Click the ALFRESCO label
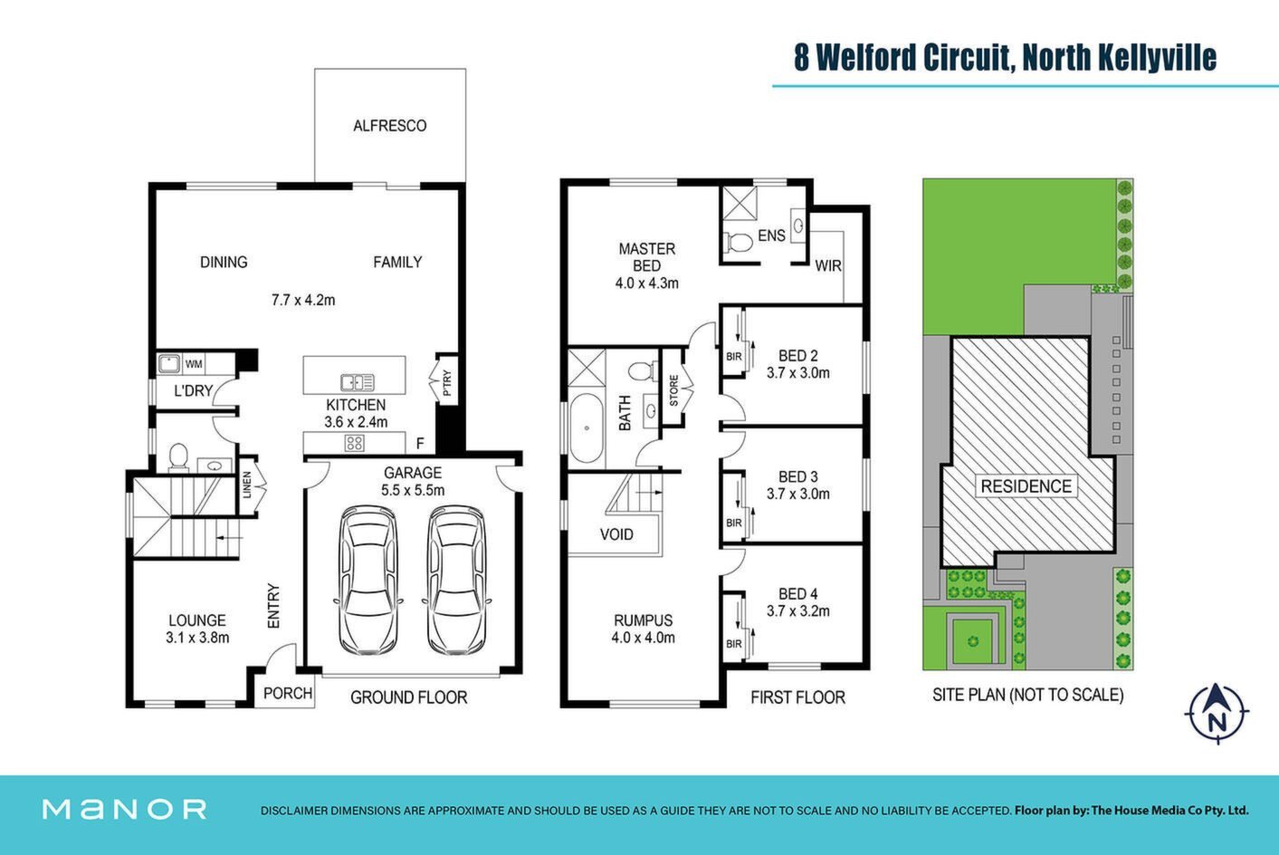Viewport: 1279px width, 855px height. coord(389,126)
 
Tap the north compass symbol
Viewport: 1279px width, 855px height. coord(1217,713)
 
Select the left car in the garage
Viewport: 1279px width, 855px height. coord(368,580)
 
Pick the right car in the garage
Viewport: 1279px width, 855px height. coord(457,580)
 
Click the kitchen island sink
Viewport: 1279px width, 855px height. coord(358,381)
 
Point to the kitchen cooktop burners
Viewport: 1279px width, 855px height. coord(355,443)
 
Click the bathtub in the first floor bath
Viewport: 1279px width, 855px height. coord(586,427)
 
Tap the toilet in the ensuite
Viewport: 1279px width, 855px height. coord(739,242)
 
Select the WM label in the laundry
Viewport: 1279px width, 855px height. coord(194,364)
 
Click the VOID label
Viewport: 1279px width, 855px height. coord(616,534)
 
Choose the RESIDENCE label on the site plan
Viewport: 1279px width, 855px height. coord(1026,486)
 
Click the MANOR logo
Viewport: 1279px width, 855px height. coord(124,809)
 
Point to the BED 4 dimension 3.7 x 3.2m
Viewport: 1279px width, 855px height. coord(797,611)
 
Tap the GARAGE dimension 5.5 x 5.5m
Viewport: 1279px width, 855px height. coord(413,490)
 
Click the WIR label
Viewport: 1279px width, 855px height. coord(828,265)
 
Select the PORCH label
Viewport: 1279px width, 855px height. coord(288,693)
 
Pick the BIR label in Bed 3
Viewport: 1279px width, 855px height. coord(734,523)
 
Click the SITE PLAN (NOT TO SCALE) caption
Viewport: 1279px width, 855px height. coord(1027,695)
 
